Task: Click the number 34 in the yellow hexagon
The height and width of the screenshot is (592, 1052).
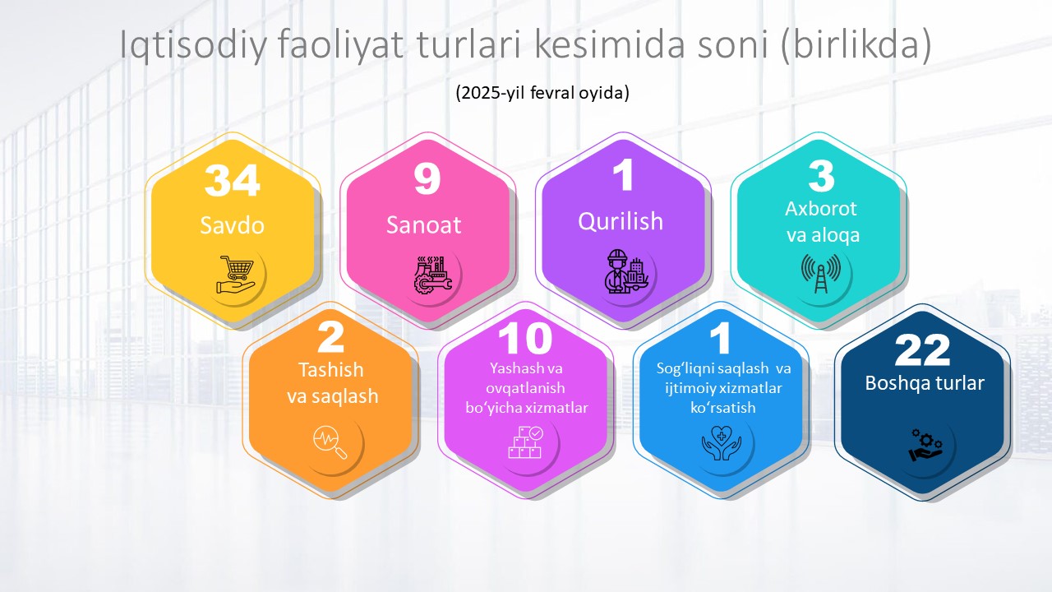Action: (232, 180)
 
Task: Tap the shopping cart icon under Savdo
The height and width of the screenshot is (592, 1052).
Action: (236, 275)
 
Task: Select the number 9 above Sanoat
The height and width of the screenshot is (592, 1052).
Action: (427, 179)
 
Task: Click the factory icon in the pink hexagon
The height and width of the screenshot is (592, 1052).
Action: (432, 275)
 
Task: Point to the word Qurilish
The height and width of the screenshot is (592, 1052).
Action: (621, 221)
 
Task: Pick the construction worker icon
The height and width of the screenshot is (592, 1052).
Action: (626, 271)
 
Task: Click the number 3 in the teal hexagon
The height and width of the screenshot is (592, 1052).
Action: (821, 176)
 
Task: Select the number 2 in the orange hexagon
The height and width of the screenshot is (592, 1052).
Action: (330, 337)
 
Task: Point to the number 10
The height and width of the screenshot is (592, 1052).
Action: (525, 338)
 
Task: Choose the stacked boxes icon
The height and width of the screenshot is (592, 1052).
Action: (525, 442)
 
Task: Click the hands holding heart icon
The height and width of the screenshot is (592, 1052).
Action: (722, 443)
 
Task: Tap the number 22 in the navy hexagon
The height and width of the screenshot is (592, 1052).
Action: (922, 350)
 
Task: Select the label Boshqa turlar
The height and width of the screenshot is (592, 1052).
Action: (925, 383)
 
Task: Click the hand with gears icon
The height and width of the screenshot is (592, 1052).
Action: (925, 445)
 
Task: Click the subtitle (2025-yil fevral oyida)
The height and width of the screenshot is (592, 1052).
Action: (542, 93)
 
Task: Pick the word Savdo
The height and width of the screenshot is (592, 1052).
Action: (232, 225)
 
